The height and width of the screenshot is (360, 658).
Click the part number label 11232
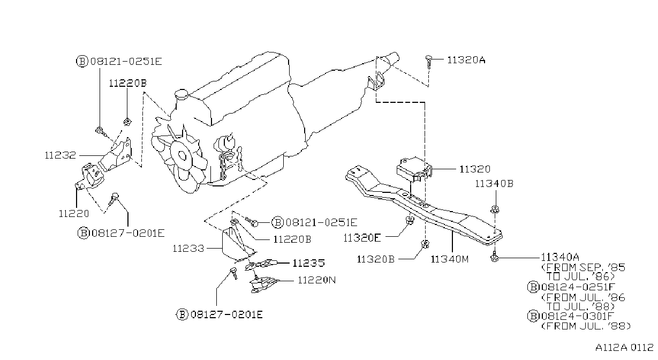[60, 155]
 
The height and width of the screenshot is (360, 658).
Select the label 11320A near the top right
[466, 60]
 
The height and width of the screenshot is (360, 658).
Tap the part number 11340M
[450, 259]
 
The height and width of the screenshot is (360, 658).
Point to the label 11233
[188, 249]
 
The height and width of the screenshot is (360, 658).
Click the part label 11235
[309, 262]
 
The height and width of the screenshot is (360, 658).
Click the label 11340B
[494, 184]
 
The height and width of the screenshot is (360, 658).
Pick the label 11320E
[362, 238]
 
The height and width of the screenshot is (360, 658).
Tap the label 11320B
[376, 259]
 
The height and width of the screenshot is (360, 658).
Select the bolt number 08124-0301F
[578, 316]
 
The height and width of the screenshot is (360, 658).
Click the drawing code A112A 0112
[624, 348]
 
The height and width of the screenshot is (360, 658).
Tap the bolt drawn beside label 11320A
[428, 61]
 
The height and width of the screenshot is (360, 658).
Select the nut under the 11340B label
[495, 209]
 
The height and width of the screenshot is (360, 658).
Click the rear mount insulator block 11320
[414, 170]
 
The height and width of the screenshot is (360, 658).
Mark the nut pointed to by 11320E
[410, 220]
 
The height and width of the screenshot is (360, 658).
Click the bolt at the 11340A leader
[494, 257]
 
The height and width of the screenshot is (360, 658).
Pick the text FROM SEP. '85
[584, 267]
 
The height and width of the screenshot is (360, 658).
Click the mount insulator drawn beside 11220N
[262, 284]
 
